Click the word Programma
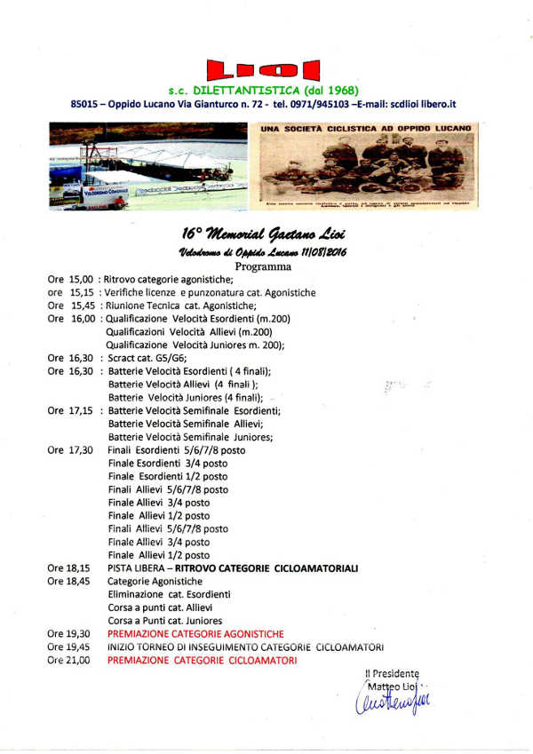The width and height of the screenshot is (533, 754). pyautogui.click(x=263, y=266)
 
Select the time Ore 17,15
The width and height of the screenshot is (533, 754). pyautogui.click(x=69, y=410)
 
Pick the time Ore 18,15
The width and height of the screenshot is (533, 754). pyautogui.click(x=69, y=567)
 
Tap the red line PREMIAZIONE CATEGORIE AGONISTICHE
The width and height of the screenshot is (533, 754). pyautogui.click(x=195, y=634)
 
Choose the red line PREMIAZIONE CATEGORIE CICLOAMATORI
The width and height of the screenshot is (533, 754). pyautogui.click(x=202, y=661)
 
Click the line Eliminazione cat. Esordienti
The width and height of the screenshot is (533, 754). pyautogui.click(x=169, y=594)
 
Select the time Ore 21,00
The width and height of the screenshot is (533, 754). pyautogui.click(x=69, y=661)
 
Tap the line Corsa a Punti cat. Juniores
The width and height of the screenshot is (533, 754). pyautogui.click(x=164, y=621)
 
